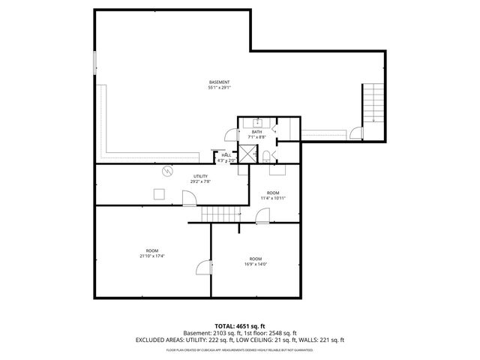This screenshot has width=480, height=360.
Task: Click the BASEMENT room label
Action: [x=219, y=82]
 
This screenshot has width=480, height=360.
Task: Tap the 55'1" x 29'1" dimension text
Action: [x=219, y=88]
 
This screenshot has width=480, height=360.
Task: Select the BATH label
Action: [x=256, y=132]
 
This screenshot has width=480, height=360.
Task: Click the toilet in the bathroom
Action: [x=266, y=156]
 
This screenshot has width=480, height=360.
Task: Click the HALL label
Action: [x=226, y=154]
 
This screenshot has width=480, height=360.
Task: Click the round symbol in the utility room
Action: [x=166, y=171]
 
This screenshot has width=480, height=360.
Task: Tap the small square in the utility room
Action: [x=158, y=194]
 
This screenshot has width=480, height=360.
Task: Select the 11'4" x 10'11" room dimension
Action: [x=273, y=198]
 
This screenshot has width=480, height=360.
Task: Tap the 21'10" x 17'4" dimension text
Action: [x=152, y=256]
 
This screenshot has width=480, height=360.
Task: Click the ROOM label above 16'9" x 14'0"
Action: [x=255, y=259]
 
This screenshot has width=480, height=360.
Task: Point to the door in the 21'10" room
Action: [x=202, y=269]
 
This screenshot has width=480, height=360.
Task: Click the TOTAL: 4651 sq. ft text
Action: [x=239, y=326]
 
